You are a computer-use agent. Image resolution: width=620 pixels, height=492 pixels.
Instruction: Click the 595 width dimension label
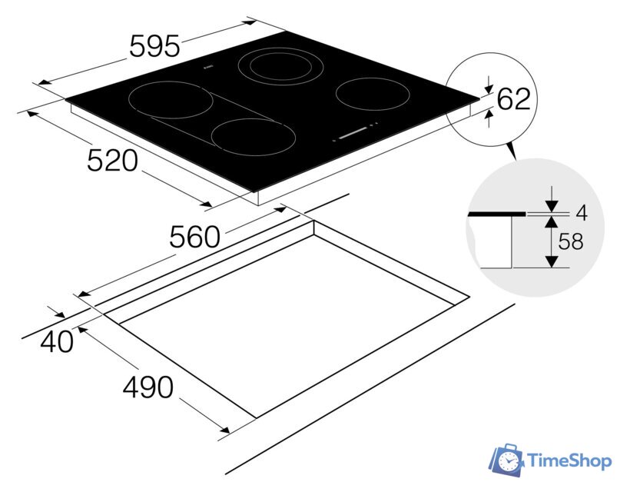pos(154,46)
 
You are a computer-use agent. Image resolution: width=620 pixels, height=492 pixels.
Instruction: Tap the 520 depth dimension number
pos(113,160)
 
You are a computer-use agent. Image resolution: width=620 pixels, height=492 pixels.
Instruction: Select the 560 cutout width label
pos(194,237)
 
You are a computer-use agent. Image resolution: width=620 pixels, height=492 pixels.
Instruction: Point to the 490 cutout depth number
pos(148,387)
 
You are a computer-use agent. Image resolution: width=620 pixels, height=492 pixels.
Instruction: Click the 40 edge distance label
pos(57,341)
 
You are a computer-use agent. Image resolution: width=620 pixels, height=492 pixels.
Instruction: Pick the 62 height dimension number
pos(514,98)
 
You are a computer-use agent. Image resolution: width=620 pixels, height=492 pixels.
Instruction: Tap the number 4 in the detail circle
pos(582,214)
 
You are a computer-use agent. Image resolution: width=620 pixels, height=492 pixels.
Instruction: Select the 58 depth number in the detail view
pos(571,241)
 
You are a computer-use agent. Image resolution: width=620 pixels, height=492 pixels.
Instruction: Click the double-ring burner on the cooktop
pos(280,66)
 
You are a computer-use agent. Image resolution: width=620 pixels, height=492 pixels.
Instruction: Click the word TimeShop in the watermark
pos(570,460)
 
